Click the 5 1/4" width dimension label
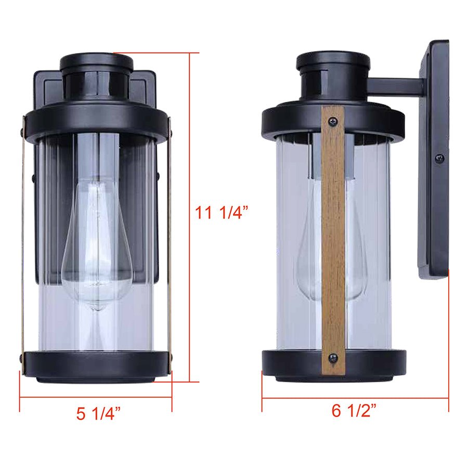click(x=99, y=413)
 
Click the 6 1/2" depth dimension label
click(x=355, y=411)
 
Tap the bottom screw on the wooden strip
click(x=333, y=358)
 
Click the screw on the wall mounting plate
click(x=439, y=158)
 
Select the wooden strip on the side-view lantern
click(x=333, y=234)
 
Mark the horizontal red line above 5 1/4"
click(x=96, y=398)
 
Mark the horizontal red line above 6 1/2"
click(x=355, y=398)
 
